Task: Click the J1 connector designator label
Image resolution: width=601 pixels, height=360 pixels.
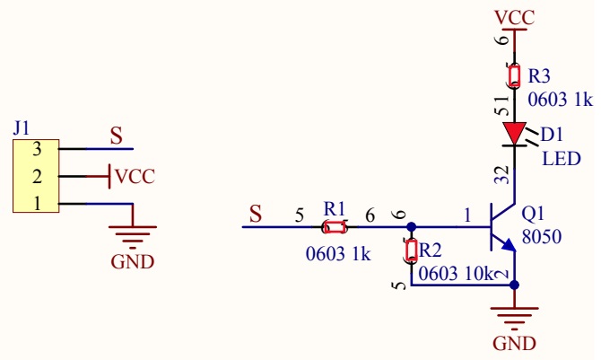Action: (22, 127)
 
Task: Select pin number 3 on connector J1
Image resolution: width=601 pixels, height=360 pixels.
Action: (37, 149)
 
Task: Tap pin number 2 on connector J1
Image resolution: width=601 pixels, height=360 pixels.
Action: (37, 177)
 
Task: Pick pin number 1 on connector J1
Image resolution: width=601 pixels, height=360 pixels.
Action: (37, 204)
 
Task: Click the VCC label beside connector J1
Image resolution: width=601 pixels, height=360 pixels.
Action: (135, 177)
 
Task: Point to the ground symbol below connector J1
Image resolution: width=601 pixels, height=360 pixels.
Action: (133, 235)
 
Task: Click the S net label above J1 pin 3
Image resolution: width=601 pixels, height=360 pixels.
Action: (116, 136)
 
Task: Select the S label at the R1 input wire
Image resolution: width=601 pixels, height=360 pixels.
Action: (256, 214)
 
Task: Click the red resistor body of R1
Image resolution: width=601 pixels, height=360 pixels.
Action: (335, 227)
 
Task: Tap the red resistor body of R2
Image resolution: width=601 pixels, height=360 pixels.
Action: (411, 250)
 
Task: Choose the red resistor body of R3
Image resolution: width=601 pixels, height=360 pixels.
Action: (514, 76)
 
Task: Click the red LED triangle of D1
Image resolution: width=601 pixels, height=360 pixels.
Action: (514, 133)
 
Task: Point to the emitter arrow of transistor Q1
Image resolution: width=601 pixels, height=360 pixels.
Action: (509, 245)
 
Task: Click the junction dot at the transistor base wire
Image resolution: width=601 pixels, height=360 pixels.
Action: (411, 227)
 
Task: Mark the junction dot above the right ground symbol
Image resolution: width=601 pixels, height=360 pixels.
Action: (514, 285)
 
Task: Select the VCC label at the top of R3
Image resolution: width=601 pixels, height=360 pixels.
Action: (514, 18)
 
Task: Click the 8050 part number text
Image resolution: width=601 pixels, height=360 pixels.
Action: (542, 236)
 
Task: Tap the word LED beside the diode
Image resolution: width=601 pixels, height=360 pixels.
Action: (562, 159)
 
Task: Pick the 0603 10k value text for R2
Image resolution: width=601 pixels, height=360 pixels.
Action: (456, 274)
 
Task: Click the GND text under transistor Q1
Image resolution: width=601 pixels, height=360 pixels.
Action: (514, 344)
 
